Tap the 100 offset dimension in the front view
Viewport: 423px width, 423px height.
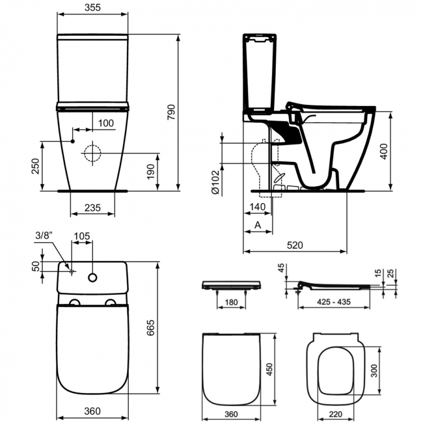[105, 123]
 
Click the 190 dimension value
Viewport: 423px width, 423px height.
[150, 171]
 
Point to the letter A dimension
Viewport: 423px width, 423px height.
[257, 225]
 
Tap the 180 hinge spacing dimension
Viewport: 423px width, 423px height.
[230, 301]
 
